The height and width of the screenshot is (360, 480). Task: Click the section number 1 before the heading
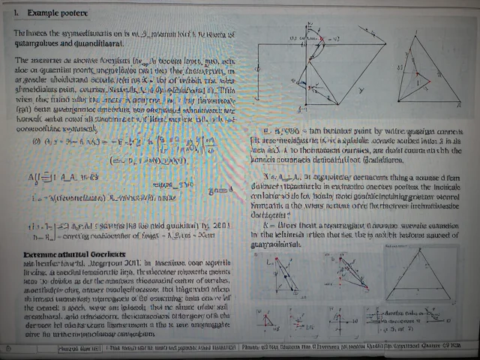coord(14,13)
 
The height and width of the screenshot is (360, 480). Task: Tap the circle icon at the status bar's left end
coord(8,348)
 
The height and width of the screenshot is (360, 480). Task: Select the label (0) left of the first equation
coord(35,139)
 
